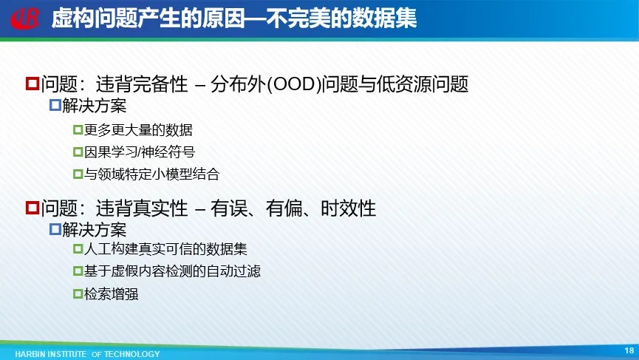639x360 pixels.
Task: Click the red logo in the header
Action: pos(25,18)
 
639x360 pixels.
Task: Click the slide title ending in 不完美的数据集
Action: pos(234,18)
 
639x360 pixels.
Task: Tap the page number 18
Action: pos(629,350)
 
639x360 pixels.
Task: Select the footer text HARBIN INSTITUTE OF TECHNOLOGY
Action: pos(87,354)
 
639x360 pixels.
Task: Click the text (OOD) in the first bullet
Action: pos(293,84)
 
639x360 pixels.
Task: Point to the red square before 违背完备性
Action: pos(33,84)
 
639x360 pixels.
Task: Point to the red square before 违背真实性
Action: pos(33,207)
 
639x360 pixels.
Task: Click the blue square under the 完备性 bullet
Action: pos(55,105)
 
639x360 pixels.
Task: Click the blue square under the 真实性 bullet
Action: pos(55,229)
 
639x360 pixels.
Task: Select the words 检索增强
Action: pos(111,294)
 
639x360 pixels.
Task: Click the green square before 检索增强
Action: pos(78,293)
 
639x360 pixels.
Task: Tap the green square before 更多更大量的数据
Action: pos(78,129)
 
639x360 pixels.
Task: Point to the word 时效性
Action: pos(349,208)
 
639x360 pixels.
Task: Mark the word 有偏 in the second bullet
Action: pos(284,208)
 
